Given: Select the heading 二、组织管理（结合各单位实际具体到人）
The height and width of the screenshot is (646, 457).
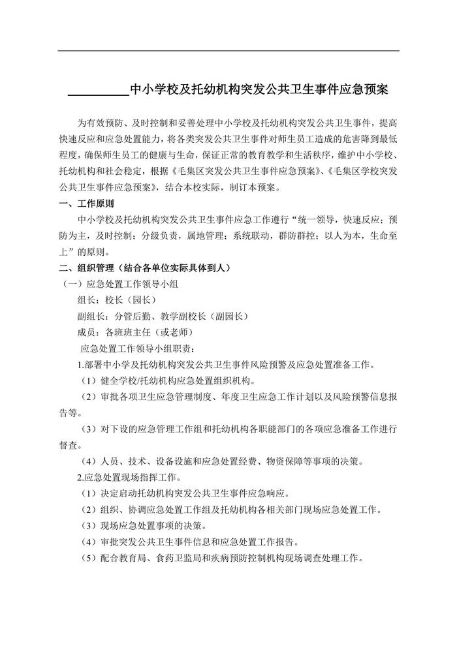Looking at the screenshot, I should coord(144,268).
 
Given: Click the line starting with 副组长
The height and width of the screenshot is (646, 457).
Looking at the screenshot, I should coord(163,316).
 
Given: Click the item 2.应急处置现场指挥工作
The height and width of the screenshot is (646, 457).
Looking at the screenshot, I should coord(130,478).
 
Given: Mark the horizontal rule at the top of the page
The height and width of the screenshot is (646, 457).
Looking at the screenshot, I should coord(228,51).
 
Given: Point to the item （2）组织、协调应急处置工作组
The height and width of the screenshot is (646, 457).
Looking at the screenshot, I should coord(232,510).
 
